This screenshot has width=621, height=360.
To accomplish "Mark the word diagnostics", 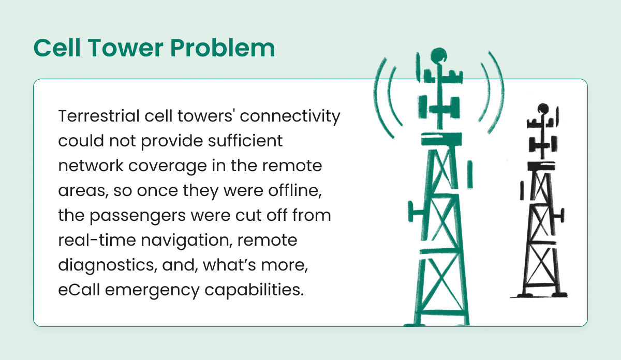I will [100, 265].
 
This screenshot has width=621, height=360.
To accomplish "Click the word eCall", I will [77, 289].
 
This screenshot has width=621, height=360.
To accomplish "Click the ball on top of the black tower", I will [542, 109].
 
